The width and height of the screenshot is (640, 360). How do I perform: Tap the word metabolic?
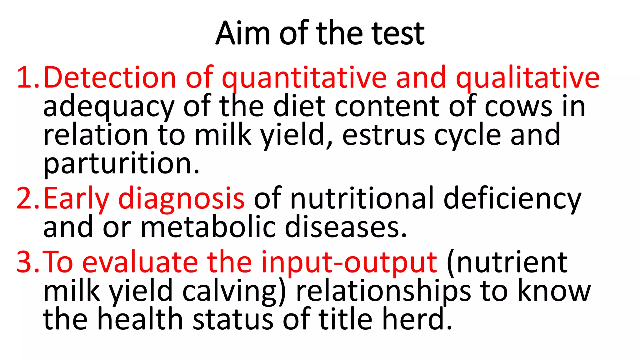click(208, 227)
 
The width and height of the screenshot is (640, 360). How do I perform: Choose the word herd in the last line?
click(417, 319)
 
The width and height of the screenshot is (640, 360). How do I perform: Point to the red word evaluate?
click(140, 262)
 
